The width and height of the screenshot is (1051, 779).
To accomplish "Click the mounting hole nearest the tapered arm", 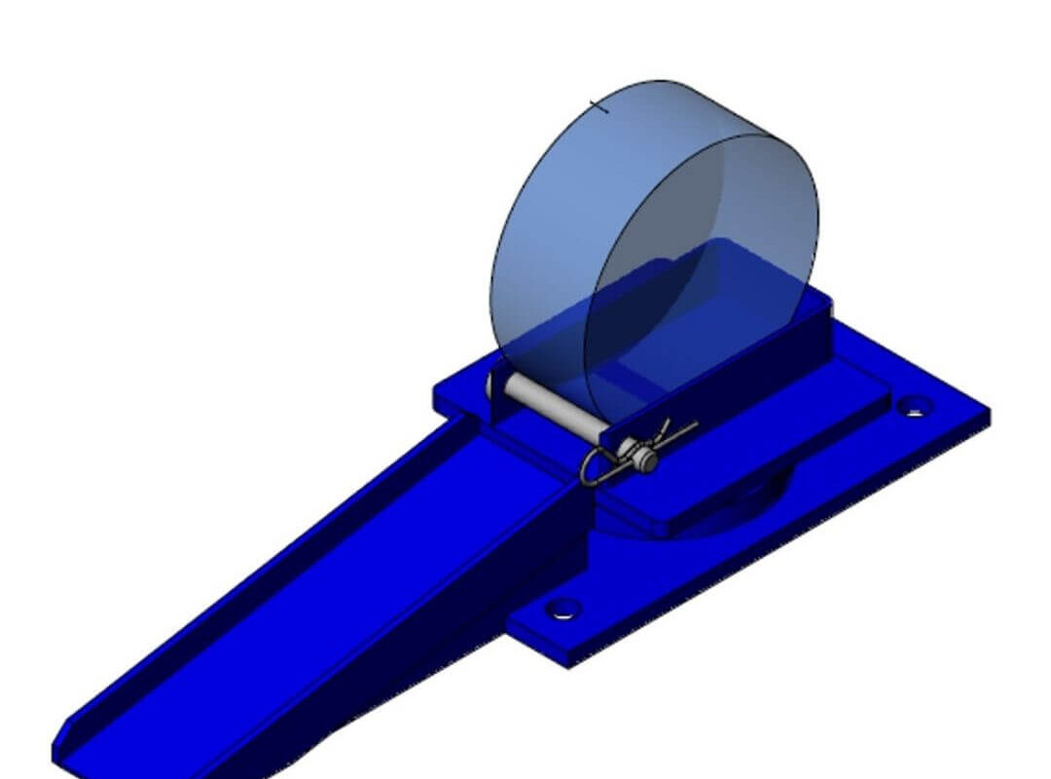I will click(x=562, y=610).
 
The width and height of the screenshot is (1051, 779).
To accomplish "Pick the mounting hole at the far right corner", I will click(x=913, y=406).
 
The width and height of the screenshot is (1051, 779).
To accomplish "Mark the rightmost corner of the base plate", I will click(x=988, y=414).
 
